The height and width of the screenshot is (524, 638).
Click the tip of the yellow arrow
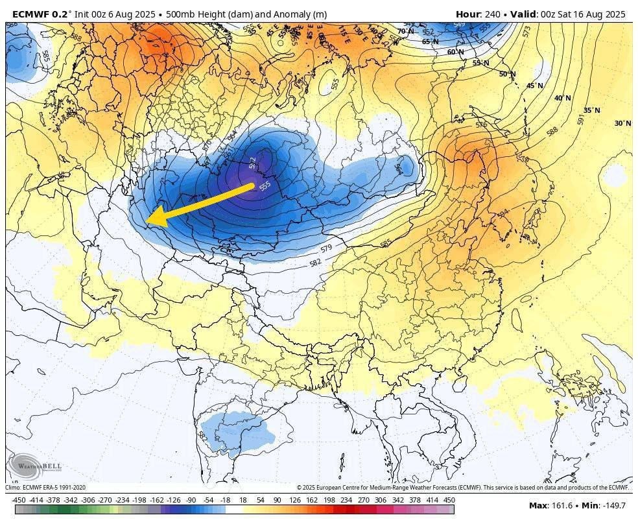point(148,222)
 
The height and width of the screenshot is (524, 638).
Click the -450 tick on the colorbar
point(19,500)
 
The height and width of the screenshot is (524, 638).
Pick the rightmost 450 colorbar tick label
point(449,500)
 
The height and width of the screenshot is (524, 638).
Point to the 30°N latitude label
point(622,123)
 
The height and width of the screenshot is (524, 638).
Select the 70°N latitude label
point(406,31)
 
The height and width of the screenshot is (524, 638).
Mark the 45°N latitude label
point(534,86)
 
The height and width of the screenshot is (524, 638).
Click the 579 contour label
point(326,248)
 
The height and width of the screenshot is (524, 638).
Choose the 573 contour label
point(526,30)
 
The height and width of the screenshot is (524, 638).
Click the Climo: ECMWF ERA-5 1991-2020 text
point(45,488)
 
